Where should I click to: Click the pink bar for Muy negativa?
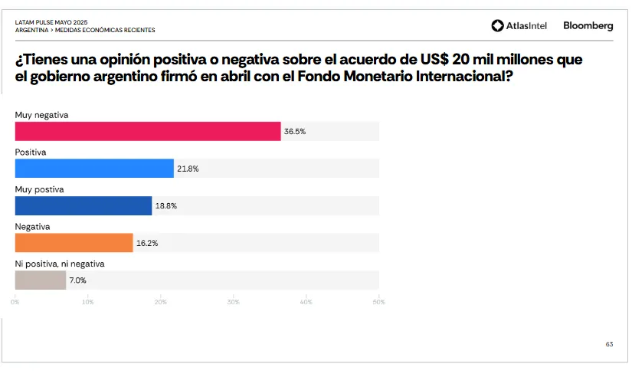pos(148,131)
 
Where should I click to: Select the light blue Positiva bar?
pos(94,169)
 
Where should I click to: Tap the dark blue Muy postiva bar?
pos(84,205)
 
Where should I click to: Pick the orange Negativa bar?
pos(74,243)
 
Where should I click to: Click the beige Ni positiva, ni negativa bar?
pos(41,280)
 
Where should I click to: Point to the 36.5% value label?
pos(295,132)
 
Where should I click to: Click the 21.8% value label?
pos(188,169)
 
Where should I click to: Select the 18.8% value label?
pos(166,206)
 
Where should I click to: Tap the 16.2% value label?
pos(147,243)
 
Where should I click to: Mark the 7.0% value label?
pos(77,280)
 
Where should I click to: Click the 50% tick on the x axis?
pos(378,302)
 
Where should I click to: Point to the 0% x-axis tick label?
pos(15,302)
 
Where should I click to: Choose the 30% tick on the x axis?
pos(233,302)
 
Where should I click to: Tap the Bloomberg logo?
pos(588,26)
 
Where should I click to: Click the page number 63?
pos(609,344)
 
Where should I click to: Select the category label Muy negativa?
pos(42,115)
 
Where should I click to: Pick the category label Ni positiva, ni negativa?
pos(60,264)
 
